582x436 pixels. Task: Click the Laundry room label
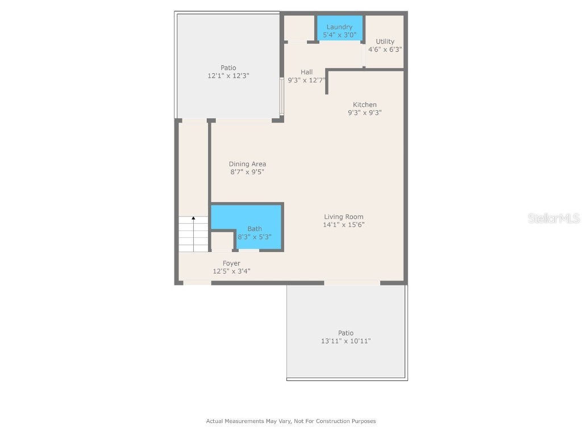(x=339, y=27)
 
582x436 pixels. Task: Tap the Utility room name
(x=385, y=41)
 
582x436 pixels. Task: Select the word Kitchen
(x=364, y=104)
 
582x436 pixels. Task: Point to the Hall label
(x=307, y=72)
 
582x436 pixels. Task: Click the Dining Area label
(x=247, y=164)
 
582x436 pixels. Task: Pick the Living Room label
(x=343, y=216)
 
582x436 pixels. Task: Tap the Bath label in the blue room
(x=254, y=229)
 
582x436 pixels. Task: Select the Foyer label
(x=231, y=263)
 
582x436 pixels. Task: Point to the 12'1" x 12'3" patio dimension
(x=228, y=76)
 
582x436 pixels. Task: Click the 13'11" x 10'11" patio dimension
(x=346, y=341)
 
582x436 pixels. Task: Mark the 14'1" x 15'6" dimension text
(x=343, y=225)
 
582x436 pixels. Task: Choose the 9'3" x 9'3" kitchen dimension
(x=364, y=112)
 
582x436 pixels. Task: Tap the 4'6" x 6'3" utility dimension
(x=385, y=49)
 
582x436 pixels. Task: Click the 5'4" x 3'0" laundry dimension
(x=339, y=35)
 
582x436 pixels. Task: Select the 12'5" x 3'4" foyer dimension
(x=231, y=271)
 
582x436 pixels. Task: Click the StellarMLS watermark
(x=554, y=218)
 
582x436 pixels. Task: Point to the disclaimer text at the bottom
(x=290, y=421)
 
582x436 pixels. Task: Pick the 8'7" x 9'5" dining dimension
(x=247, y=172)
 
